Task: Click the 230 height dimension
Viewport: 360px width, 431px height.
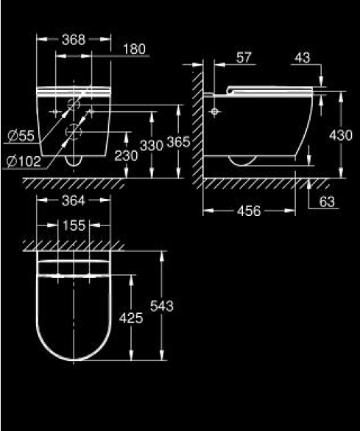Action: point(126,156)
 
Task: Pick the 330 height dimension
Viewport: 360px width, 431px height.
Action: point(152,146)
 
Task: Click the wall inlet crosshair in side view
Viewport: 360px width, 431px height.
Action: point(215,111)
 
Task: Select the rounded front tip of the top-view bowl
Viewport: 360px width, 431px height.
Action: point(74,360)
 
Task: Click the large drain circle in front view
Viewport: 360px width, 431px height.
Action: point(74,132)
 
